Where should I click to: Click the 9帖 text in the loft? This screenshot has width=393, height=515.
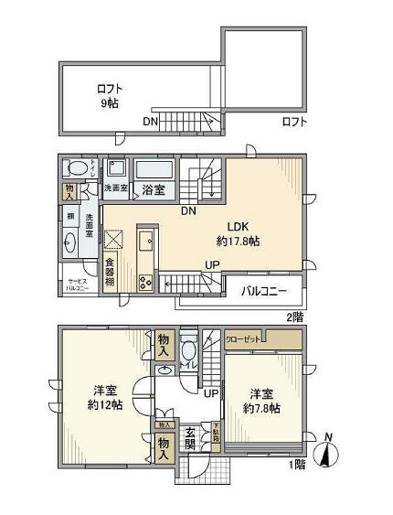pos(109,104)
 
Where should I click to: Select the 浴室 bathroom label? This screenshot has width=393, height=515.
pos(153,190)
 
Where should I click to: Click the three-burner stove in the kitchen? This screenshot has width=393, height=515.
pos(146,283)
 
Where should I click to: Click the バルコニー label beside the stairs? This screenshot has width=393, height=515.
pos(264,292)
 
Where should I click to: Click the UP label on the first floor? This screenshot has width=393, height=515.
pos(211,393)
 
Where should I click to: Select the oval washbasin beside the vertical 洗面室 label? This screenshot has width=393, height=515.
pos(71,242)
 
